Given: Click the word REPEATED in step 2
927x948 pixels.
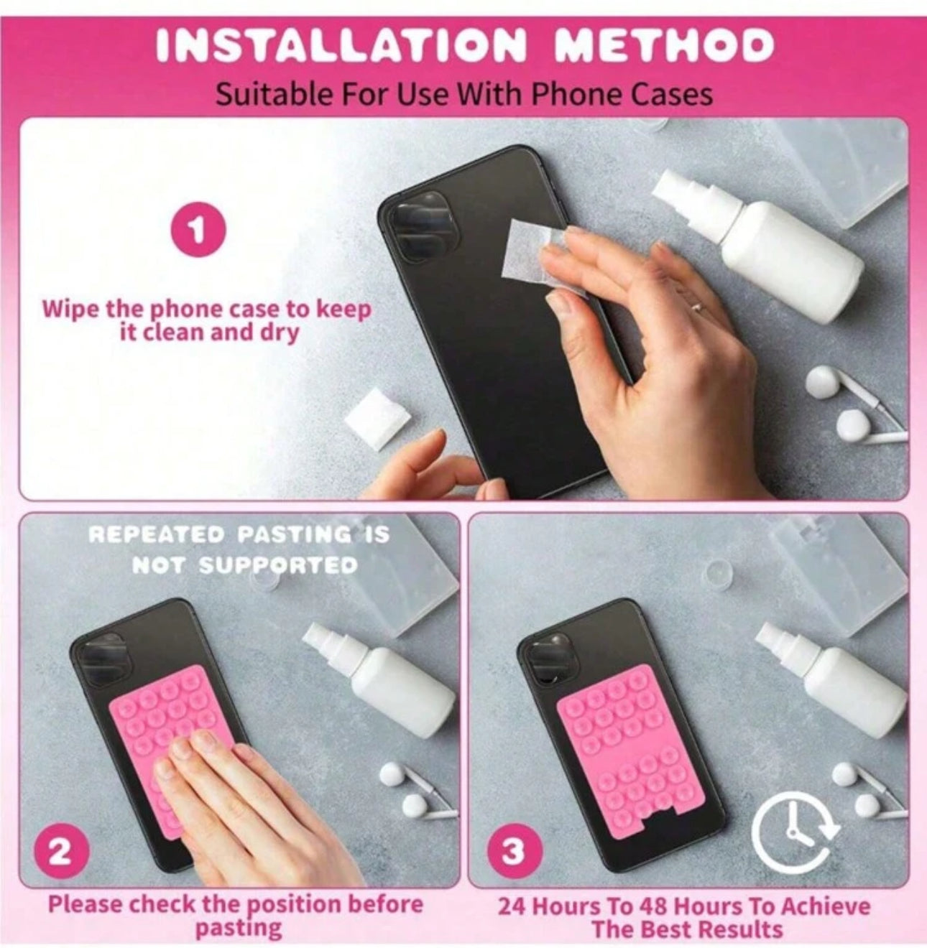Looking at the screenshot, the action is [x=157, y=535].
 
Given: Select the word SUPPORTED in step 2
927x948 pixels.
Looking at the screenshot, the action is [x=278, y=566].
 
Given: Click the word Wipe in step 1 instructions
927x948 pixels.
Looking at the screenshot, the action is [x=70, y=309].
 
